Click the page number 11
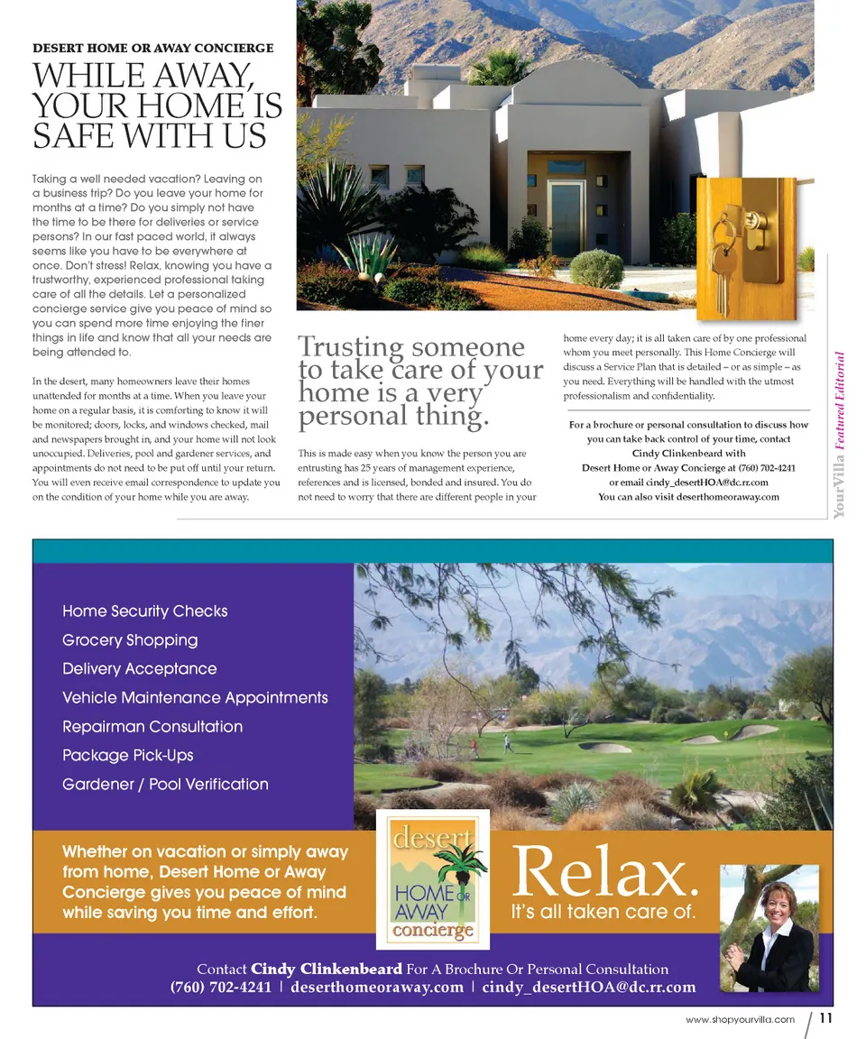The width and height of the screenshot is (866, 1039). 825,1019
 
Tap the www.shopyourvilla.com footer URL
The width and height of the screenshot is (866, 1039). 740,1020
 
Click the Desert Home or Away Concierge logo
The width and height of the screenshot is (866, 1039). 433,879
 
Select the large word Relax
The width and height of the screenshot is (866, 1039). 604,872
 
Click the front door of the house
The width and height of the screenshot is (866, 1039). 567,220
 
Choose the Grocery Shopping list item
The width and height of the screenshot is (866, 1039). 130,640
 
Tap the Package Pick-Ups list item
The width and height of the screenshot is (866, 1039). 128,756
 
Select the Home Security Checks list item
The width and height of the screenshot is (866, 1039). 145,611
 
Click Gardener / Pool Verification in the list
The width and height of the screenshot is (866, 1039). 165,785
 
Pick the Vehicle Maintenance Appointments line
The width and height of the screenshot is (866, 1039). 195,698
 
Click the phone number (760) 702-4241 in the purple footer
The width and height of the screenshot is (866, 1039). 221,988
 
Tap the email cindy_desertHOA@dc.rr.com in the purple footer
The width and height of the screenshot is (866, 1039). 589,988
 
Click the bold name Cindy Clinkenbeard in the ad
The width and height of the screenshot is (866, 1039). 326,970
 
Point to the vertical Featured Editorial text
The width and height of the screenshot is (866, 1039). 839,401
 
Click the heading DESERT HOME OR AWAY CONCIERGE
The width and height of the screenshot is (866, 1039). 152,48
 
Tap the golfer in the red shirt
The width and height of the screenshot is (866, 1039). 473,747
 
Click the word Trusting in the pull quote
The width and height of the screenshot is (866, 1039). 351,347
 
